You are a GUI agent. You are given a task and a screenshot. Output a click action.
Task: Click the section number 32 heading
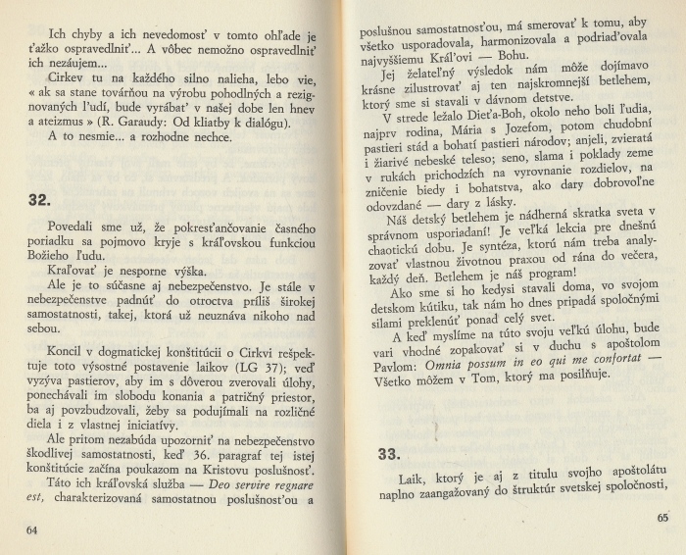38,200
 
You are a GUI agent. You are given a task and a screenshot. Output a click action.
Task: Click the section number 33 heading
390,454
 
